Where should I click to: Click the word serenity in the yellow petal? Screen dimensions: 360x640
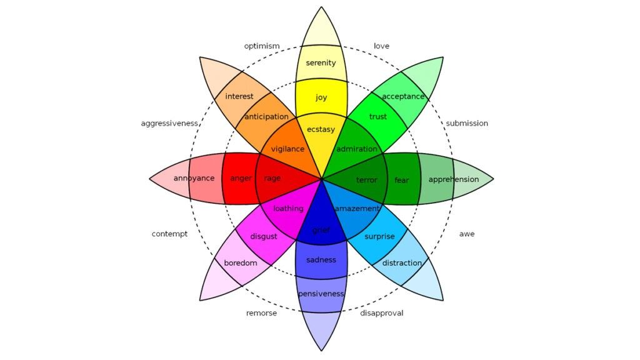pyautogui.click(x=321, y=63)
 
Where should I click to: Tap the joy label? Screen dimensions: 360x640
pyautogui.click(x=321, y=97)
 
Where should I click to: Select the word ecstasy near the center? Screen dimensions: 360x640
pyautogui.click(x=321, y=129)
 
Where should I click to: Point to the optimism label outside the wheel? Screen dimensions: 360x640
pyautogui.click(x=262, y=46)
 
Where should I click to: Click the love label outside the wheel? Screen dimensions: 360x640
pyautogui.click(x=381, y=46)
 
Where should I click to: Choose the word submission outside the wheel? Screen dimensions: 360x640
pyautogui.click(x=467, y=123)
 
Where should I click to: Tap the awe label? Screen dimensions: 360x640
pyautogui.click(x=467, y=234)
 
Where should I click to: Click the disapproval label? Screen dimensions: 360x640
pyautogui.click(x=381, y=313)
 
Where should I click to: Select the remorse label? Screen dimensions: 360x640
pyautogui.click(x=261, y=313)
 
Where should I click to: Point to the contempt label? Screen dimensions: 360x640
pyautogui.click(x=169, y=234)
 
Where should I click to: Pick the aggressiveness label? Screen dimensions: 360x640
pyautogui.click(x=169, y=123)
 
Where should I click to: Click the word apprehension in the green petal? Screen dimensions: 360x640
pyautogui.click(x=454, y=179)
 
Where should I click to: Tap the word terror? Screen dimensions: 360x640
pyautogui.click(x=367, y=180)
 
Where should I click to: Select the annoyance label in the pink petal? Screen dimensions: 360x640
pyautogui.click(x=194, y=178)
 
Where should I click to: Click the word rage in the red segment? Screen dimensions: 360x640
pyautogui.click(x=272, y=178)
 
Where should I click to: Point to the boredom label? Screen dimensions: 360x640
pyautogui.click(x=241, y=263)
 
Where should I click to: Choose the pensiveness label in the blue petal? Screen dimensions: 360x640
pyautogui.click(x=321, y=294)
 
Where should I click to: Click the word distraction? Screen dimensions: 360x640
pyautogui.click(x=402, y=263)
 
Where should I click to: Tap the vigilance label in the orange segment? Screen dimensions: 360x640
pyautogui.click(x=287, y=149)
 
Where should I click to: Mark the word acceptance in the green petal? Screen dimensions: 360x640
pyautogui.click(x=403, y=96)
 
